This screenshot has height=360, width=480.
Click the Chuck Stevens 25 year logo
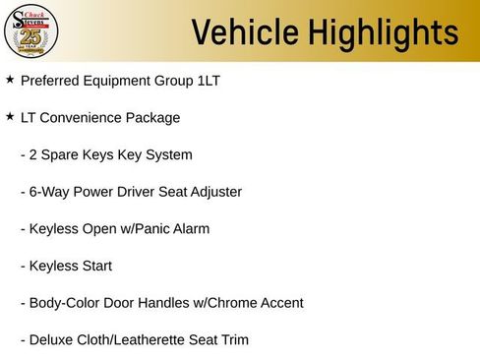tap(31, 32)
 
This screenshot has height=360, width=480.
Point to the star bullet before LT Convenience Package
tap(10, 116)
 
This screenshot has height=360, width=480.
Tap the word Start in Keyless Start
tap(96, 266)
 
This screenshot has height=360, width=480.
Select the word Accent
tap(280, 303)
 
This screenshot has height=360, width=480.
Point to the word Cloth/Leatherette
tap(133, 340)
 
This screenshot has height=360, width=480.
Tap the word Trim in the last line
tap(233, 340)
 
